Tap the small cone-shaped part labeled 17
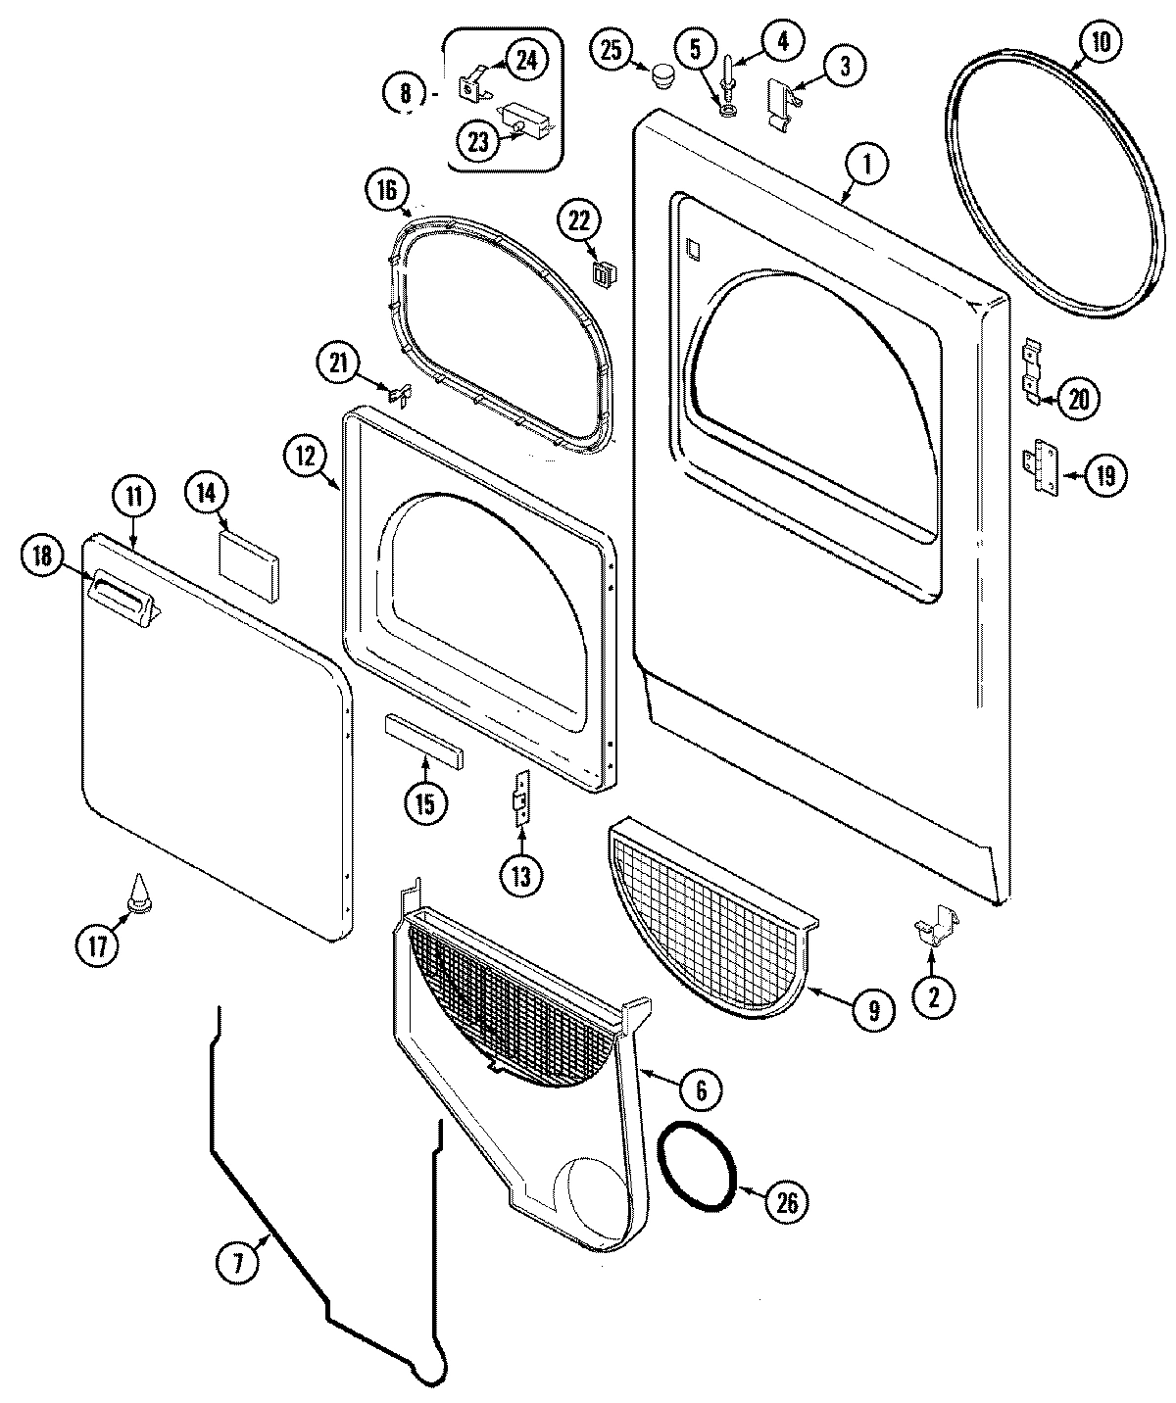tap(139, 889)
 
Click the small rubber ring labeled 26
tap(698, 1165)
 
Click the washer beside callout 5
tap(728, 109)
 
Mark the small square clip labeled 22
tap(599, 272)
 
